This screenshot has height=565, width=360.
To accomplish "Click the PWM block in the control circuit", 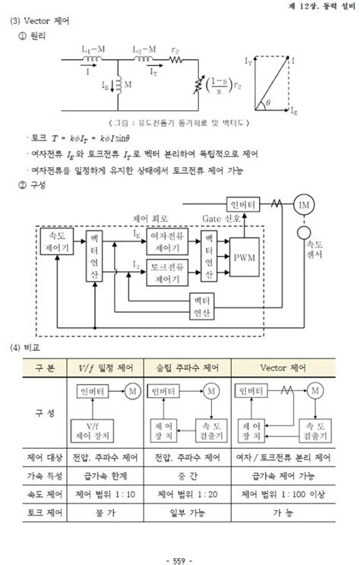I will click(245, 257).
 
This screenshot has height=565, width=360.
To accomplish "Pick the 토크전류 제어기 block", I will click(169, 270).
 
